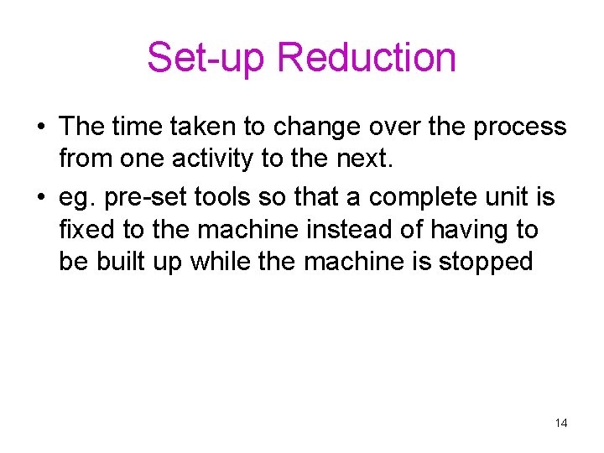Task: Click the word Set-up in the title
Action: [206, 58]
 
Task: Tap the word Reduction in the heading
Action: [366, 58]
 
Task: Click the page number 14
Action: [561, 423]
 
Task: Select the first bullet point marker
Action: [40, 128]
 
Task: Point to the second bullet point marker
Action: [40, 198]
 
